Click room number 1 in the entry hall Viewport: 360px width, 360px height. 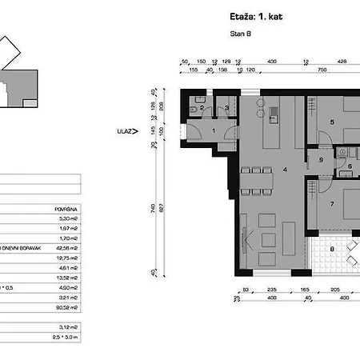pos(214,130)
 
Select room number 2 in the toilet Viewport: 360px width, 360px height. pos(202,107)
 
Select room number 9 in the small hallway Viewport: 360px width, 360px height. pos(320,160)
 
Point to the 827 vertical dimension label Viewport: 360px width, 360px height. pos(160,208)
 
